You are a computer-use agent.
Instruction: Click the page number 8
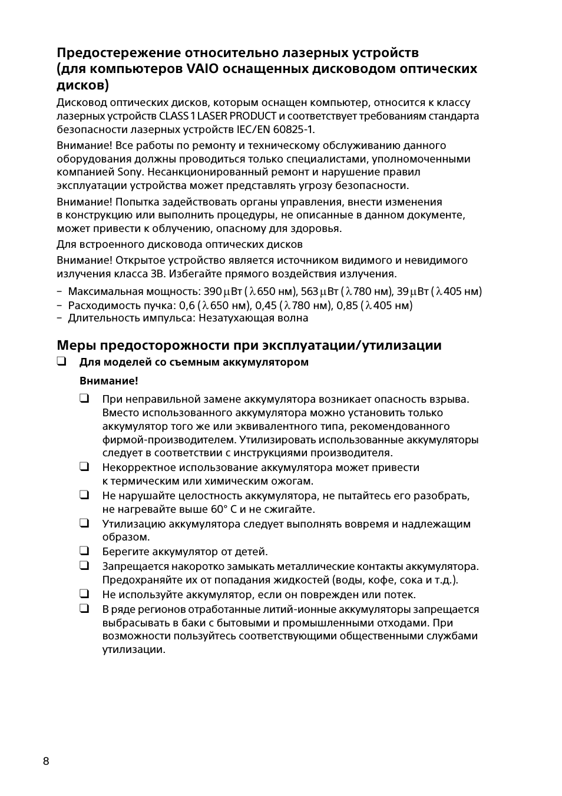46,761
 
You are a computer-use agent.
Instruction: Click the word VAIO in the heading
202,69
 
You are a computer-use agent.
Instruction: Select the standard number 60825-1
293,130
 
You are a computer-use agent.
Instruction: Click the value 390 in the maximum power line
213,291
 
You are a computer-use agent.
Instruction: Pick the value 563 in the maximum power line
310,291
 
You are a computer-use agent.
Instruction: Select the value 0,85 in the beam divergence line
347,305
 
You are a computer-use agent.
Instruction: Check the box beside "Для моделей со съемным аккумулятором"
61,361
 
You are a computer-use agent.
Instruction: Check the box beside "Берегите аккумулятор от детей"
84,551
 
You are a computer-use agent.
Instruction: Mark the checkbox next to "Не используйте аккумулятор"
84,593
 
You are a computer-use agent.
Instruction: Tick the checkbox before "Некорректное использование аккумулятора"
84,467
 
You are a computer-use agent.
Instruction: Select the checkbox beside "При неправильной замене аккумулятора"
84,399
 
